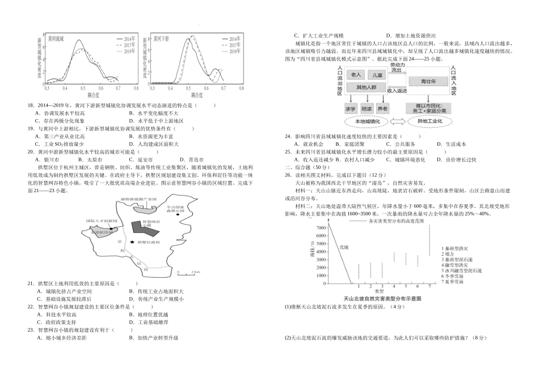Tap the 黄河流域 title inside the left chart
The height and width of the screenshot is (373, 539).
[x=55, y=39]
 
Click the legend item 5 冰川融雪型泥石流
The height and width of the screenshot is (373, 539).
[x=461, y=271]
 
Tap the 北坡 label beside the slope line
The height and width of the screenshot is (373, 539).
[x=344, y=247]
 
